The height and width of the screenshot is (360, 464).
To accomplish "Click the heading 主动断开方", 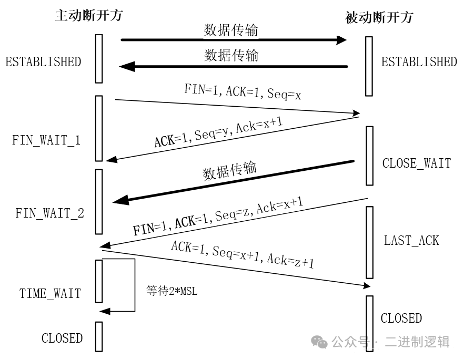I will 88,15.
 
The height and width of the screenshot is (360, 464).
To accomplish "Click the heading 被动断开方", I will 379,17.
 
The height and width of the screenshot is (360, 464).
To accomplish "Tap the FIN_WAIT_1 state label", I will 46,140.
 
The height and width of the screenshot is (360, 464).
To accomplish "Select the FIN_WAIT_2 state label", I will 49,213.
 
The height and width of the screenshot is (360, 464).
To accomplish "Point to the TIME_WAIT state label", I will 51,293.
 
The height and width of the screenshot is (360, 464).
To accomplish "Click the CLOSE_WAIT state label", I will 416,163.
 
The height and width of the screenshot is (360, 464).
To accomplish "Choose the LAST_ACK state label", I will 411,241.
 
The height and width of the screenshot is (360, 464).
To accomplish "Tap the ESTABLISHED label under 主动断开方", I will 43,61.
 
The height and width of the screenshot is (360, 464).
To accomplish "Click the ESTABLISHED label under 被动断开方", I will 419,61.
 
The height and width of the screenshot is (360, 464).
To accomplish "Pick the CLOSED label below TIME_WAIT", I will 62,338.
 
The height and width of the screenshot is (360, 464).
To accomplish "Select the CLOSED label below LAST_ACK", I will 401,318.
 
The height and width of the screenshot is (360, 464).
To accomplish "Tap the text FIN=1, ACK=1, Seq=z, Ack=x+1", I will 218,217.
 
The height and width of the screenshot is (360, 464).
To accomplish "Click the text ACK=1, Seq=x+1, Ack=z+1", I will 242,254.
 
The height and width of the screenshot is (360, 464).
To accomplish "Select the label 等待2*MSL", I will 172,291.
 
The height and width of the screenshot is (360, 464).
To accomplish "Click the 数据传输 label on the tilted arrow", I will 230,171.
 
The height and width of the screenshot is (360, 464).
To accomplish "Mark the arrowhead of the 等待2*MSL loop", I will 105,311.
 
